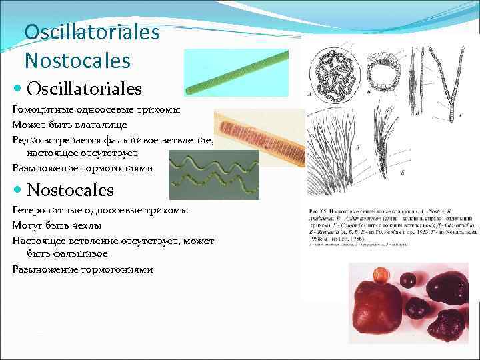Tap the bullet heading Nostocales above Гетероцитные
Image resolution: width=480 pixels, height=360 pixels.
point(71,190)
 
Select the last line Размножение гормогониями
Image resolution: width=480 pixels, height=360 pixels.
point(82,269)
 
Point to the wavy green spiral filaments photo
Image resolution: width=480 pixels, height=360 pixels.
point(213,175)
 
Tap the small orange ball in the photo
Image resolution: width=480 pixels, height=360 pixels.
point(381,274)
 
